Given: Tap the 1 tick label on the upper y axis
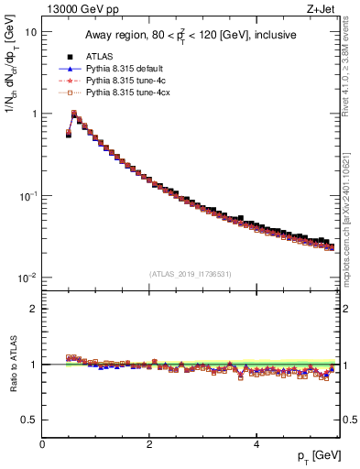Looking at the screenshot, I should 33,114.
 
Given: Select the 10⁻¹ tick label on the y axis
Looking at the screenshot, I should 27,196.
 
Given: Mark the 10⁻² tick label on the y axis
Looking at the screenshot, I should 27,278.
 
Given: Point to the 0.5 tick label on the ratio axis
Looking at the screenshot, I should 29,420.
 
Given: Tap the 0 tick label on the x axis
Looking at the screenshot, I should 42,444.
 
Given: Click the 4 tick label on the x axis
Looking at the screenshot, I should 256,444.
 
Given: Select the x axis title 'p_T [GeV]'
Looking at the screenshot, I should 312,456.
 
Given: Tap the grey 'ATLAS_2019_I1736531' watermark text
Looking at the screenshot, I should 191,274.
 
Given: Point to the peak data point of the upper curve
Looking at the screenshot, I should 74,114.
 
